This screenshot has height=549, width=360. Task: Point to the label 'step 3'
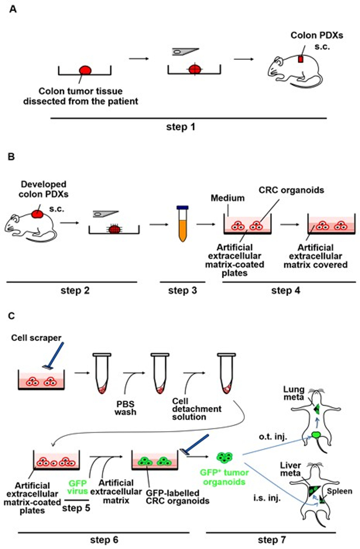(x=179, y=291)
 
